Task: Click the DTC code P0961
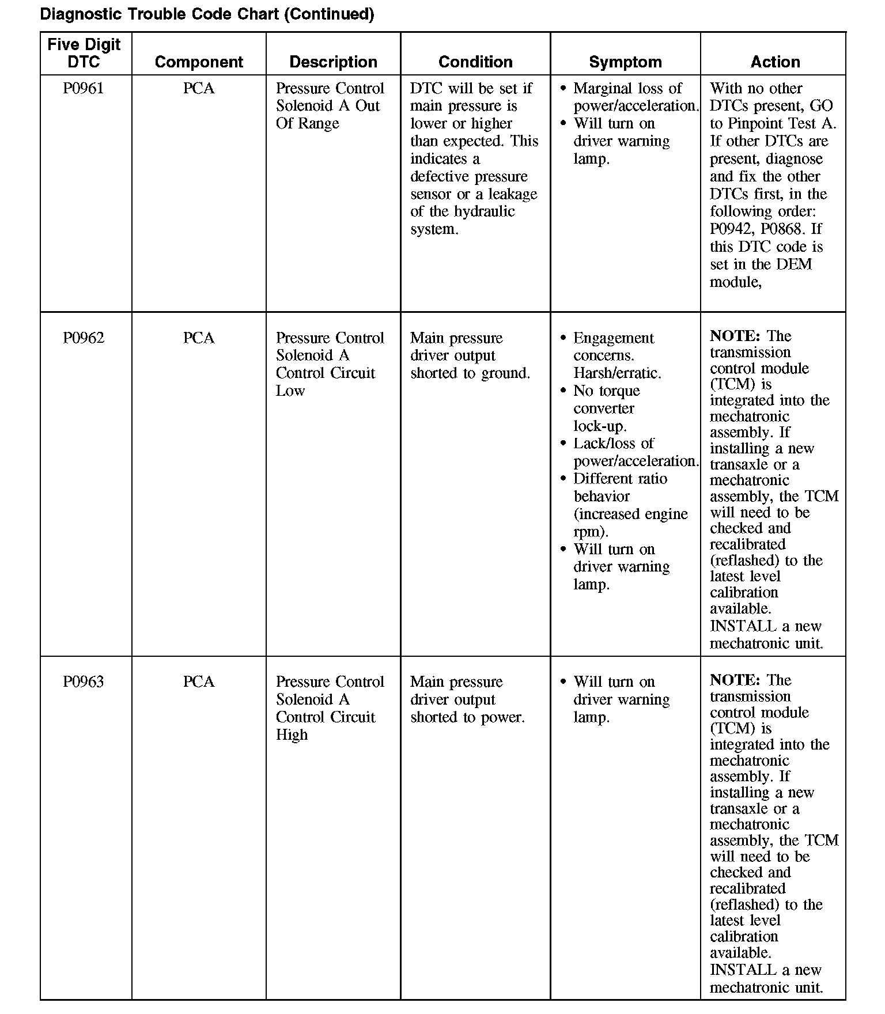(84, 89)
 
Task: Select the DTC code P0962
(84, 338)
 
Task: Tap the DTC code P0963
(84, 682)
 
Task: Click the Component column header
(199, 62)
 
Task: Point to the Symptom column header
(625, 62)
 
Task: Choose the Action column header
(775, 62)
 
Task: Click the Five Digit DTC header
(84, 53)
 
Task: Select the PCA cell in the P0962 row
(199, 338)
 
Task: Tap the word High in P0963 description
(292, 735)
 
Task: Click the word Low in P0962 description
(290, 391)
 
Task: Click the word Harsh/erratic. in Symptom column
(617, 373)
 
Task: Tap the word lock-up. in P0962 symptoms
(600, 426)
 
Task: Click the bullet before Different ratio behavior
(563, 479)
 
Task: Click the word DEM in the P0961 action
(794, 264)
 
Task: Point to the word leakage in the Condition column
(512, 194)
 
